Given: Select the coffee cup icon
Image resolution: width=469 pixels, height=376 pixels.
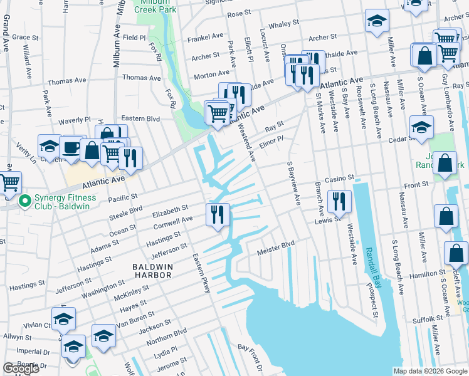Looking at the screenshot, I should click(x=71, y=149).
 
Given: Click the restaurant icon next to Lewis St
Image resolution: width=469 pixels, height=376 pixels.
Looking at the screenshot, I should click(x=339, y=201).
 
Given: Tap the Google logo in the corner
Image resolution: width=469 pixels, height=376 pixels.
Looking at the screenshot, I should click(x=21, y=368).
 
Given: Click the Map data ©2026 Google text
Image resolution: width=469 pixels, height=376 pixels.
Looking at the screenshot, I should click(x=429, y=371).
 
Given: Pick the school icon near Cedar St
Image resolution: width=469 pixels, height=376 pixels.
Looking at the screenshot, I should click(x=421, y=127).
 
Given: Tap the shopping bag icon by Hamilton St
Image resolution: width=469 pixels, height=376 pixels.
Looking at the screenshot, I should click(x=456, y=253).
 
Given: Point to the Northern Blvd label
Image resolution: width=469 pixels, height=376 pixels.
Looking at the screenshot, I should click(x=171, y=332).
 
